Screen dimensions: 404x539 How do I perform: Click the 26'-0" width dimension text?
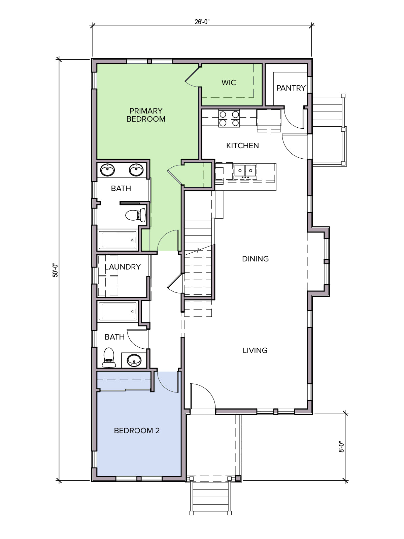coord(202,22)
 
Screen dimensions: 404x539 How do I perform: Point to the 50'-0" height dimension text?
coord(55,270)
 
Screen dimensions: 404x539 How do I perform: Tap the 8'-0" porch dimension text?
coord(341,447)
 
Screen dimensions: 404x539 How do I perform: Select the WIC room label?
coord(229,83)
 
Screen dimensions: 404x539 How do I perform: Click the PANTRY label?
coord(291,88)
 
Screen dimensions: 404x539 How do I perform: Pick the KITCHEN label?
coord(242,146)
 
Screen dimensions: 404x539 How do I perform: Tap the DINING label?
coord(255,259)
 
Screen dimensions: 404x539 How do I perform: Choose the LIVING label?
coord(255,350)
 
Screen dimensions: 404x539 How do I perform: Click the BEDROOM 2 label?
coord(137,431)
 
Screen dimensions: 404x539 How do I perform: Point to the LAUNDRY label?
coord(123,267)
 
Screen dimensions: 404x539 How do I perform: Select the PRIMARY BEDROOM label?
coord(146,115)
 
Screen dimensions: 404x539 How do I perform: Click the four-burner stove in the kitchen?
coord(229,119)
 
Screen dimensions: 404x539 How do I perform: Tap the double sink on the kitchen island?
coord(245,170)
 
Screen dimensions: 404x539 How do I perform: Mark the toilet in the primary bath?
coord(136,215)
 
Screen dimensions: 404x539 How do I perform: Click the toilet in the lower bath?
coord(109,357)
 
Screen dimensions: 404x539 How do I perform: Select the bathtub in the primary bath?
coord(117,240)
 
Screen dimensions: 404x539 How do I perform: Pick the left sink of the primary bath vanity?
coord(107,170)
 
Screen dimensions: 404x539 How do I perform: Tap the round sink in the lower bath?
coord(134,360)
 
